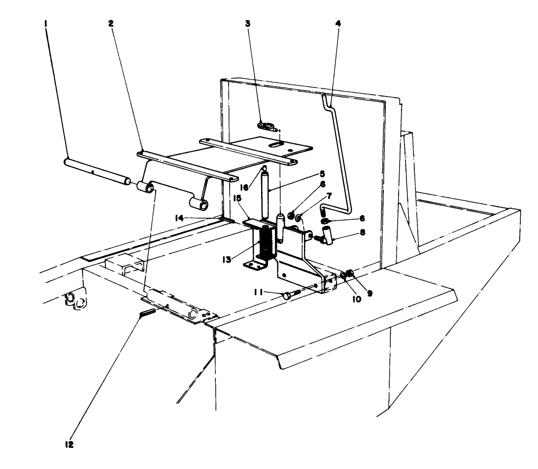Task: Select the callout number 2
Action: coord(111,23)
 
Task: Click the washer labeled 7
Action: coord(299,217)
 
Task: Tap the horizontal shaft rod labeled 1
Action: coord(96,170)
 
